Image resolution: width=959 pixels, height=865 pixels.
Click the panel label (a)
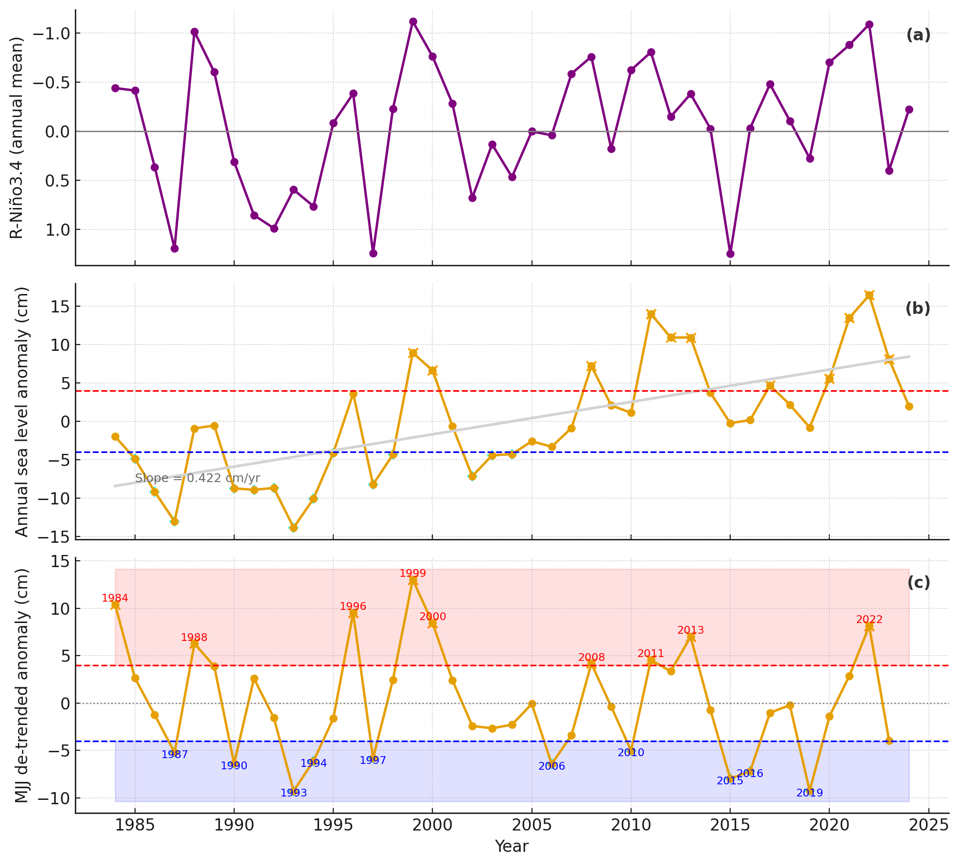click(918, 35)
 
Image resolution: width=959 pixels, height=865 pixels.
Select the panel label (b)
click(918, 309)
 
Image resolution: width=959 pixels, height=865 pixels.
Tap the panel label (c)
click(918, 583)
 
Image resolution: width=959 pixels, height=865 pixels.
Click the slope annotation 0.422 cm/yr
click(197, 478)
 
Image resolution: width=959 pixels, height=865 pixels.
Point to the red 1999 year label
click(412, 573)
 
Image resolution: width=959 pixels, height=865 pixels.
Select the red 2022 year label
click(869, 620)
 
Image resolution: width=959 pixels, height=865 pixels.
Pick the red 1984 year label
click(115, 598)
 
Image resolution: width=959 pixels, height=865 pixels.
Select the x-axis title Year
click(512, 847)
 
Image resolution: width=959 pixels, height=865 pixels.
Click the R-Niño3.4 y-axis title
click(17, 138)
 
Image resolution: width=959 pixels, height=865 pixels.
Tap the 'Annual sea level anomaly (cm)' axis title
click(22, 412)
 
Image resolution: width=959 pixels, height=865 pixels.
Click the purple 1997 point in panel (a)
click(373, 253)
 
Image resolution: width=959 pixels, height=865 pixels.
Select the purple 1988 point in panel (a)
click(194, 32)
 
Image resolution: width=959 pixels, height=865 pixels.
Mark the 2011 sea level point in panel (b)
click(651, 314)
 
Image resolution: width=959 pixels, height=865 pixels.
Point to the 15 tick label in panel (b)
click(59, 307)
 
